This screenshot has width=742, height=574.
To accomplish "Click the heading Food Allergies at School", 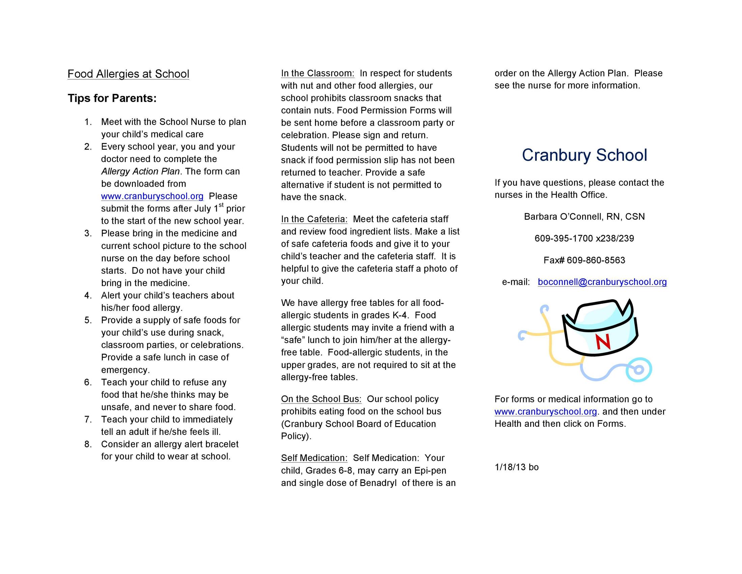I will (x=128, y=74).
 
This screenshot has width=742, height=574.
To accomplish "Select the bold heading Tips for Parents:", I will (x=112, y=98).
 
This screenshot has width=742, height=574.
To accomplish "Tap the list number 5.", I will (x=88, y=320).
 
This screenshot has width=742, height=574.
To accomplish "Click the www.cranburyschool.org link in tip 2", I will (x=152, y=196).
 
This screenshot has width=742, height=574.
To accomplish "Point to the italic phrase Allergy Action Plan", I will (x=140, y=172).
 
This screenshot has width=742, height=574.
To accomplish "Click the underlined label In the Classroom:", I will (x=317, y=74).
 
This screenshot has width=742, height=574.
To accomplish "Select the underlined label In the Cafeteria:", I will (x=314, y=219).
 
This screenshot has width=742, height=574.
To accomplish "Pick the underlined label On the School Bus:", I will (x=321, y=399).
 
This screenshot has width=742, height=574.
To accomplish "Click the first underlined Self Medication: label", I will (x=314, y=458).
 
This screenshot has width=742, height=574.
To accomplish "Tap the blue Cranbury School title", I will (x=584, y=155).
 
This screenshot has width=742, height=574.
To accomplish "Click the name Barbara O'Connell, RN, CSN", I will (x=584, y=217).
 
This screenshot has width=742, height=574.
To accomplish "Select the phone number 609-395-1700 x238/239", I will (x=584, y=238).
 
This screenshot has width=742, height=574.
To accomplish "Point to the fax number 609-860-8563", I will (x=596, y=260).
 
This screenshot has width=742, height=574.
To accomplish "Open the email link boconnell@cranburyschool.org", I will (x=602, y=282).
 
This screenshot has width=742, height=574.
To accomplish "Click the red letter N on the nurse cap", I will (x=603, y=342).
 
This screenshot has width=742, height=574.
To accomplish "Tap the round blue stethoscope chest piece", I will (x=638, y=370).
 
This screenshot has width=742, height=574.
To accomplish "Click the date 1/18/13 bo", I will (x=516, y=467).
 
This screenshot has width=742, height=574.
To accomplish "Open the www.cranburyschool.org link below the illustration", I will (x=546, y=412).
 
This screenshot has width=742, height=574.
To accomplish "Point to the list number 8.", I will (x=88, y=444).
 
